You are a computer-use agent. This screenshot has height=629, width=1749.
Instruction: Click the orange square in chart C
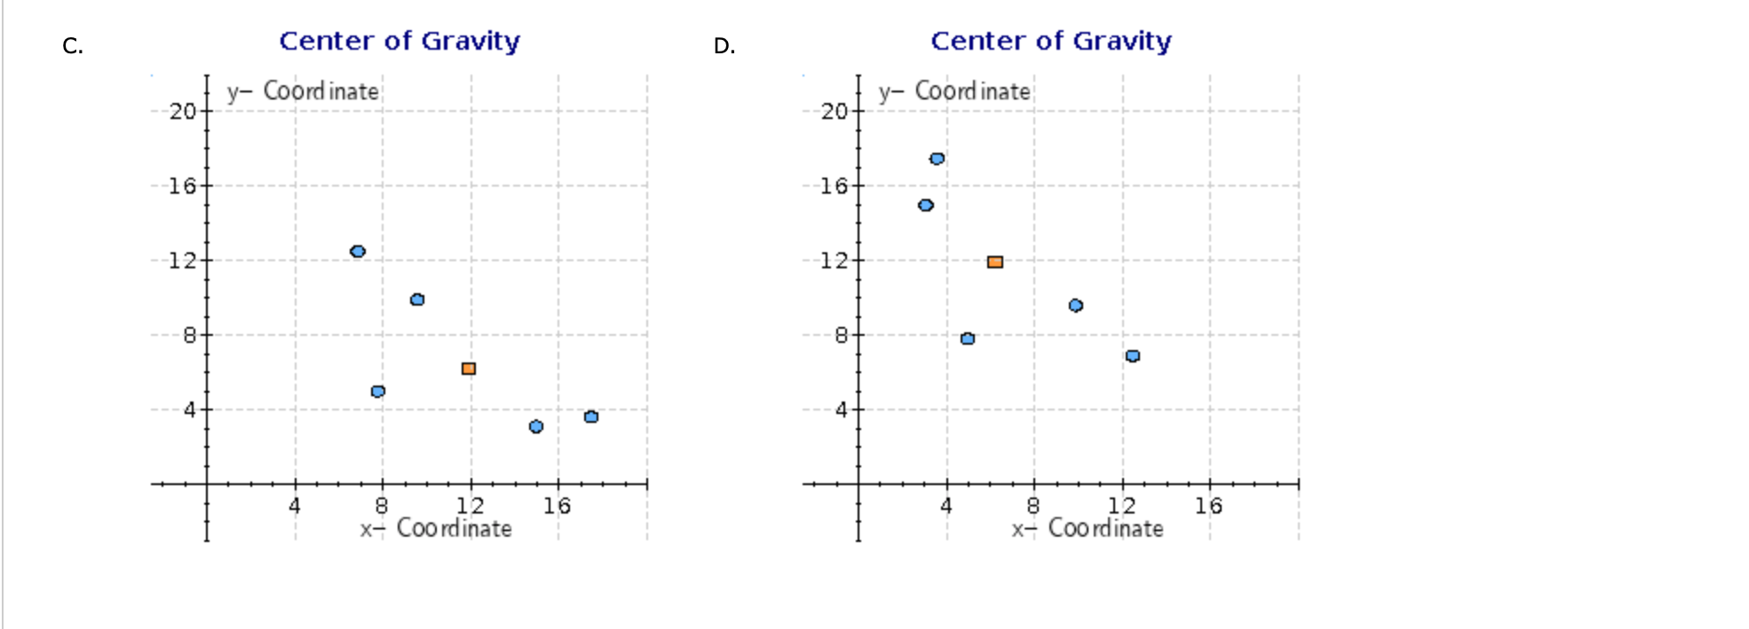469,369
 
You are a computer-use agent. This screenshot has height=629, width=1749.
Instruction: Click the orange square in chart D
995,262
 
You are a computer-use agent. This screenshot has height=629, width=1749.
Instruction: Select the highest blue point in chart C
358,251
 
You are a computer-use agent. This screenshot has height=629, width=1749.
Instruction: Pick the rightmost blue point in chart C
591,417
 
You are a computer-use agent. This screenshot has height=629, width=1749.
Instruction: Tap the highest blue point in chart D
937,159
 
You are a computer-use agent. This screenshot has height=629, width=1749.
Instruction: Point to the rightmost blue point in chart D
1133,356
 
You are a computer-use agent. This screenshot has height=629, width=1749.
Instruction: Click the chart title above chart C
400,41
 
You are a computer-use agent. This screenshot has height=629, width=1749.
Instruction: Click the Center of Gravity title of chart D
1051,41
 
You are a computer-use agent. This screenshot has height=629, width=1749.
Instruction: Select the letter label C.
73,46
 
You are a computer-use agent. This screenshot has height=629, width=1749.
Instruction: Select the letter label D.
724,46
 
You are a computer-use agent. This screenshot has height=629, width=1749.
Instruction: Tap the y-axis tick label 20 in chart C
183,111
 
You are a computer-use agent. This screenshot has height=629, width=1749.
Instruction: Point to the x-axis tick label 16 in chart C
558,506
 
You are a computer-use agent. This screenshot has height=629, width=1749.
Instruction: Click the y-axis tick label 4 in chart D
841,410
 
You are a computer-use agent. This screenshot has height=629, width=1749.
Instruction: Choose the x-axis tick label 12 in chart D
1121,506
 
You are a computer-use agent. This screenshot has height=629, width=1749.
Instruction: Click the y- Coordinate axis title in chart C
303,92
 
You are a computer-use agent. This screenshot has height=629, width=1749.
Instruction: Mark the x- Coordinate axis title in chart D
1088,529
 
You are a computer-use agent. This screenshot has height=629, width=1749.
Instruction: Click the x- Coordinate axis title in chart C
436,529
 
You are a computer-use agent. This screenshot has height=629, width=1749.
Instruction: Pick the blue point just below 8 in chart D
968,338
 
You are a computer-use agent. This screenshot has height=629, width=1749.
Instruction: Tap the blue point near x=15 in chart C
536,426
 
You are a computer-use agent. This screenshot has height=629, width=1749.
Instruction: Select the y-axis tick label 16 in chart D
835,186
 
